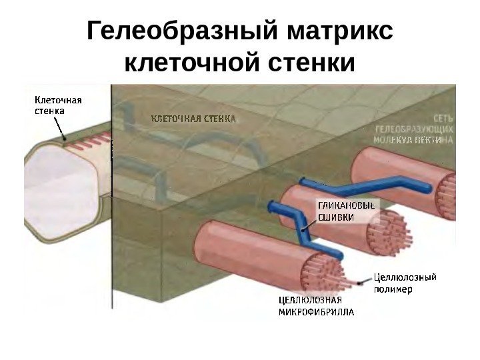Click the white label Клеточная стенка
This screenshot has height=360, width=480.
click(58, 105)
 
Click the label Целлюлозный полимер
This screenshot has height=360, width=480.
click(405, 283)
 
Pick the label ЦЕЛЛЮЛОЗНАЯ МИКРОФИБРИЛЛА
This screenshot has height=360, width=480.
click(315, 306)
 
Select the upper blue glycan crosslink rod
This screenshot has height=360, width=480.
click(360, 187)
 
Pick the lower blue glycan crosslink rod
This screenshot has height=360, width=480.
click(300, 227)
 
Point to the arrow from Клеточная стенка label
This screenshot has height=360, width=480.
click(61, 127)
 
